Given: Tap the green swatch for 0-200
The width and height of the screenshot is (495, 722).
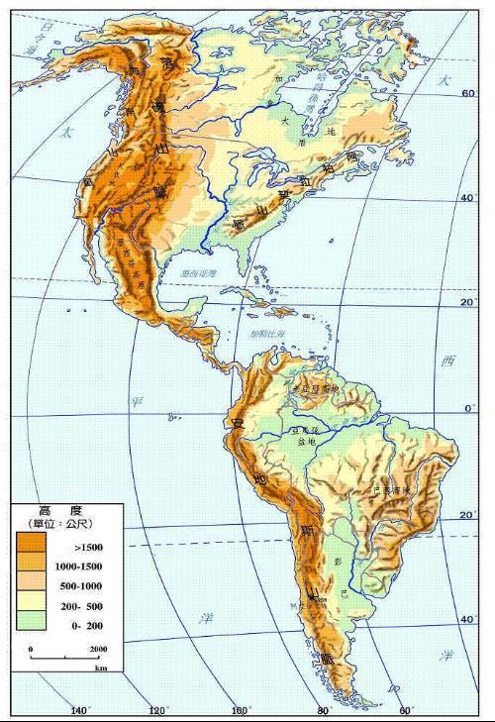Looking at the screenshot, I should point(30,625).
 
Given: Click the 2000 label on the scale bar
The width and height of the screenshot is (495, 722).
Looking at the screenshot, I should point(98,649).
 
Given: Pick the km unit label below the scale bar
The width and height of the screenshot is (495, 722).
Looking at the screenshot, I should point(100,669).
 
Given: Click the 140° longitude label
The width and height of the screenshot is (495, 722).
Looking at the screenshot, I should point(80,710).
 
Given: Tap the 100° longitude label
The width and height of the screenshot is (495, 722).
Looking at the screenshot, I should point(239,710).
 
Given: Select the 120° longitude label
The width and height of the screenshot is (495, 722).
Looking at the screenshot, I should point(156,710).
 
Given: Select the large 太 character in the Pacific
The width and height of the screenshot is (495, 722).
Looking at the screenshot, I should point(66,132).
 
